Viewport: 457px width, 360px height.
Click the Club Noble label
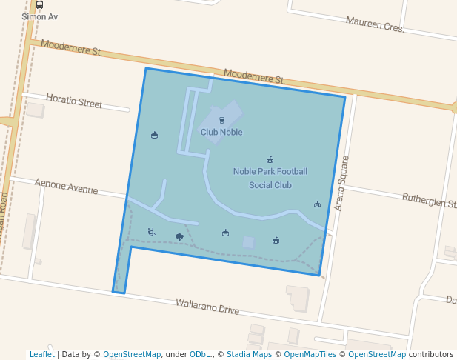click(221, 133)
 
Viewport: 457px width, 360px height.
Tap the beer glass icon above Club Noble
click(221, 120)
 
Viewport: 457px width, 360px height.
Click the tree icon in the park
click(179, 237)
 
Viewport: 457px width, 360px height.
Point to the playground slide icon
click(151, 232)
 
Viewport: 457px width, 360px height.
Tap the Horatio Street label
click(74, 101)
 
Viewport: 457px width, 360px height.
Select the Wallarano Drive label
click(207, 306)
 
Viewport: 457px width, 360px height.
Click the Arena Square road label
click(341, 183)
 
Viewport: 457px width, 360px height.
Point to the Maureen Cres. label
click(375, 24)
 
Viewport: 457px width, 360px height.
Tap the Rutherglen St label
click(428, 201)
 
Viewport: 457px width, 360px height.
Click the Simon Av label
click(39, 16)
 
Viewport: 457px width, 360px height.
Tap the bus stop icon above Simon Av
click(39, 4)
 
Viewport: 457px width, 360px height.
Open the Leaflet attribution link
click(42, 354)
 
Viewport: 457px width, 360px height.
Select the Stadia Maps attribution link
click(249, 354)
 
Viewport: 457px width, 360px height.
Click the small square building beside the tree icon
click(248, 242)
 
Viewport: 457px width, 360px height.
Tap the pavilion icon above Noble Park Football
click(270, 159)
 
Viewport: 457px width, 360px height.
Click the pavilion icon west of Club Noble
click(154, 135)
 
